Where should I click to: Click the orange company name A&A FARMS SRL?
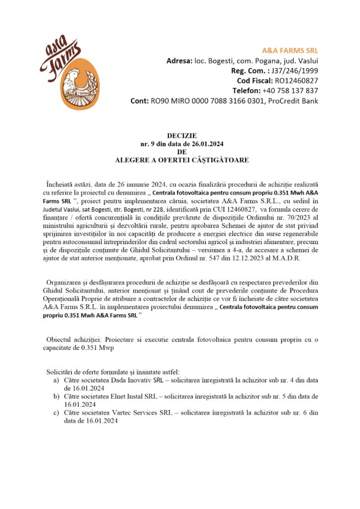click(290, 50)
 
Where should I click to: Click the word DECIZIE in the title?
click(181, 136)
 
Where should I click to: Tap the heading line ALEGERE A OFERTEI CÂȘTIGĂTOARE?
click(181, 160)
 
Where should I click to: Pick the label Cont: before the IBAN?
click(139, 101)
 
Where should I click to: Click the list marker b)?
click(57, 397)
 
